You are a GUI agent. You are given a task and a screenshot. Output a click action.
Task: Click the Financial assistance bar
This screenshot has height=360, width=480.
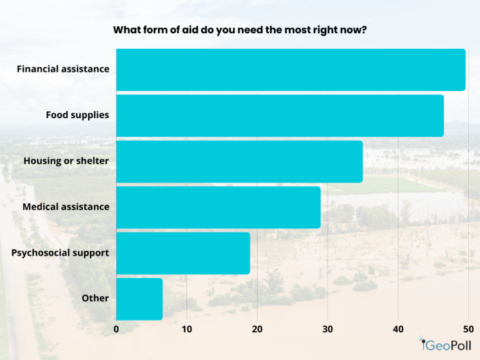(x=291, y=69)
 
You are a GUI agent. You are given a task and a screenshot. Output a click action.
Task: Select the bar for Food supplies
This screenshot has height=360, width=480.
(x=280, y=116)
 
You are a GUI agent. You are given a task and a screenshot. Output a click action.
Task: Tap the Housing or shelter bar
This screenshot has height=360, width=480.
(x=239, y=161)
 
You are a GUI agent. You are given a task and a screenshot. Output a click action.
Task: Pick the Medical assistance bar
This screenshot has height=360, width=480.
(x=218, y=207)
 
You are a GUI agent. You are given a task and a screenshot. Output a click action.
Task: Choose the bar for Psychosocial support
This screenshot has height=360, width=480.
(x=183, y=253)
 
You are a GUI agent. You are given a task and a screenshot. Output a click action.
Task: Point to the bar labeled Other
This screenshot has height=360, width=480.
(x=139, y=299)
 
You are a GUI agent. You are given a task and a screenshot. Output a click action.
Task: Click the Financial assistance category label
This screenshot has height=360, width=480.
(x=63, y=69)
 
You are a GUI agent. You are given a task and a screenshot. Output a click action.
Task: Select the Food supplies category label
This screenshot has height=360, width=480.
(x=77, y=115)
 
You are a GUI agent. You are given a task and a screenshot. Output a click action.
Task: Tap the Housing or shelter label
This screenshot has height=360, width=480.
(x=66, y=161)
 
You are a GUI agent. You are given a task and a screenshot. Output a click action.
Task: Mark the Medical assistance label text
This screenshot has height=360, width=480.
(x=66, y=207)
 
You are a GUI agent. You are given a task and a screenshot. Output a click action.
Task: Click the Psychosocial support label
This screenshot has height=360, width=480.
(x=61, y=252)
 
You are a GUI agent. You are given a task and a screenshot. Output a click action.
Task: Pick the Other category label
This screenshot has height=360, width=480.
(x=95, y=298)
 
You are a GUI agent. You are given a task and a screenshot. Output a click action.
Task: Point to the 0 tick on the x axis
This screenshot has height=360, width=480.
(x=116, y=328)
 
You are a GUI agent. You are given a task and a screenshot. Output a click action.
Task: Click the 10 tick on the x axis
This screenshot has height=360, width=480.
(x=186, y=328)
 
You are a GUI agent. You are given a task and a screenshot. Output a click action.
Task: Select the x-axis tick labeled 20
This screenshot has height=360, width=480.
(x=257, y=328)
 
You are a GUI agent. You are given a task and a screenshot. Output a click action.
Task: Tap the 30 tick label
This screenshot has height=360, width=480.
(x=327, y=328)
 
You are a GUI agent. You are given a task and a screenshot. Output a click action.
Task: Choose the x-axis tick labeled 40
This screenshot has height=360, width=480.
(x=398, y=328)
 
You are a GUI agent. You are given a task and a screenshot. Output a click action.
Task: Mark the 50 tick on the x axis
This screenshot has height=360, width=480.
(x=468, y=328)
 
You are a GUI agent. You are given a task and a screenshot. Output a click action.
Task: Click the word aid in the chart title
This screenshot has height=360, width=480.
(x=182, y=29)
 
